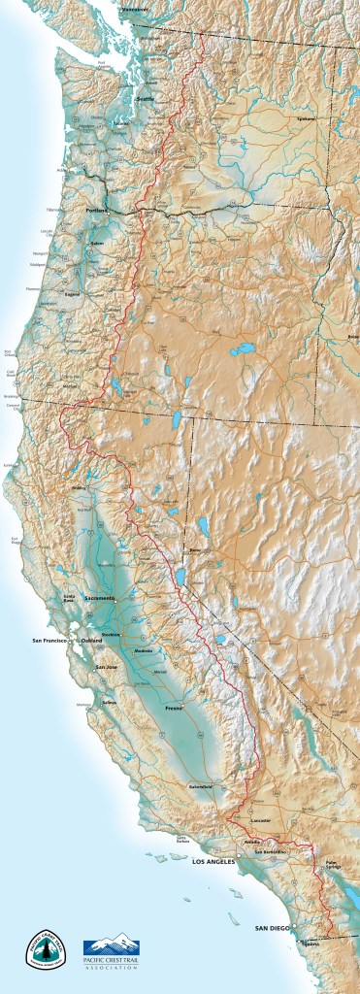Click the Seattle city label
[x=146, y=98]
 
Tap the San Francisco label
[x=50, y=642]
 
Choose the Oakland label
[x=92, y=642]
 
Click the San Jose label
[x=106, y=667]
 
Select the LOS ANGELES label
[x=215, y=861]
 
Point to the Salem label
[x=95, y=244]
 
